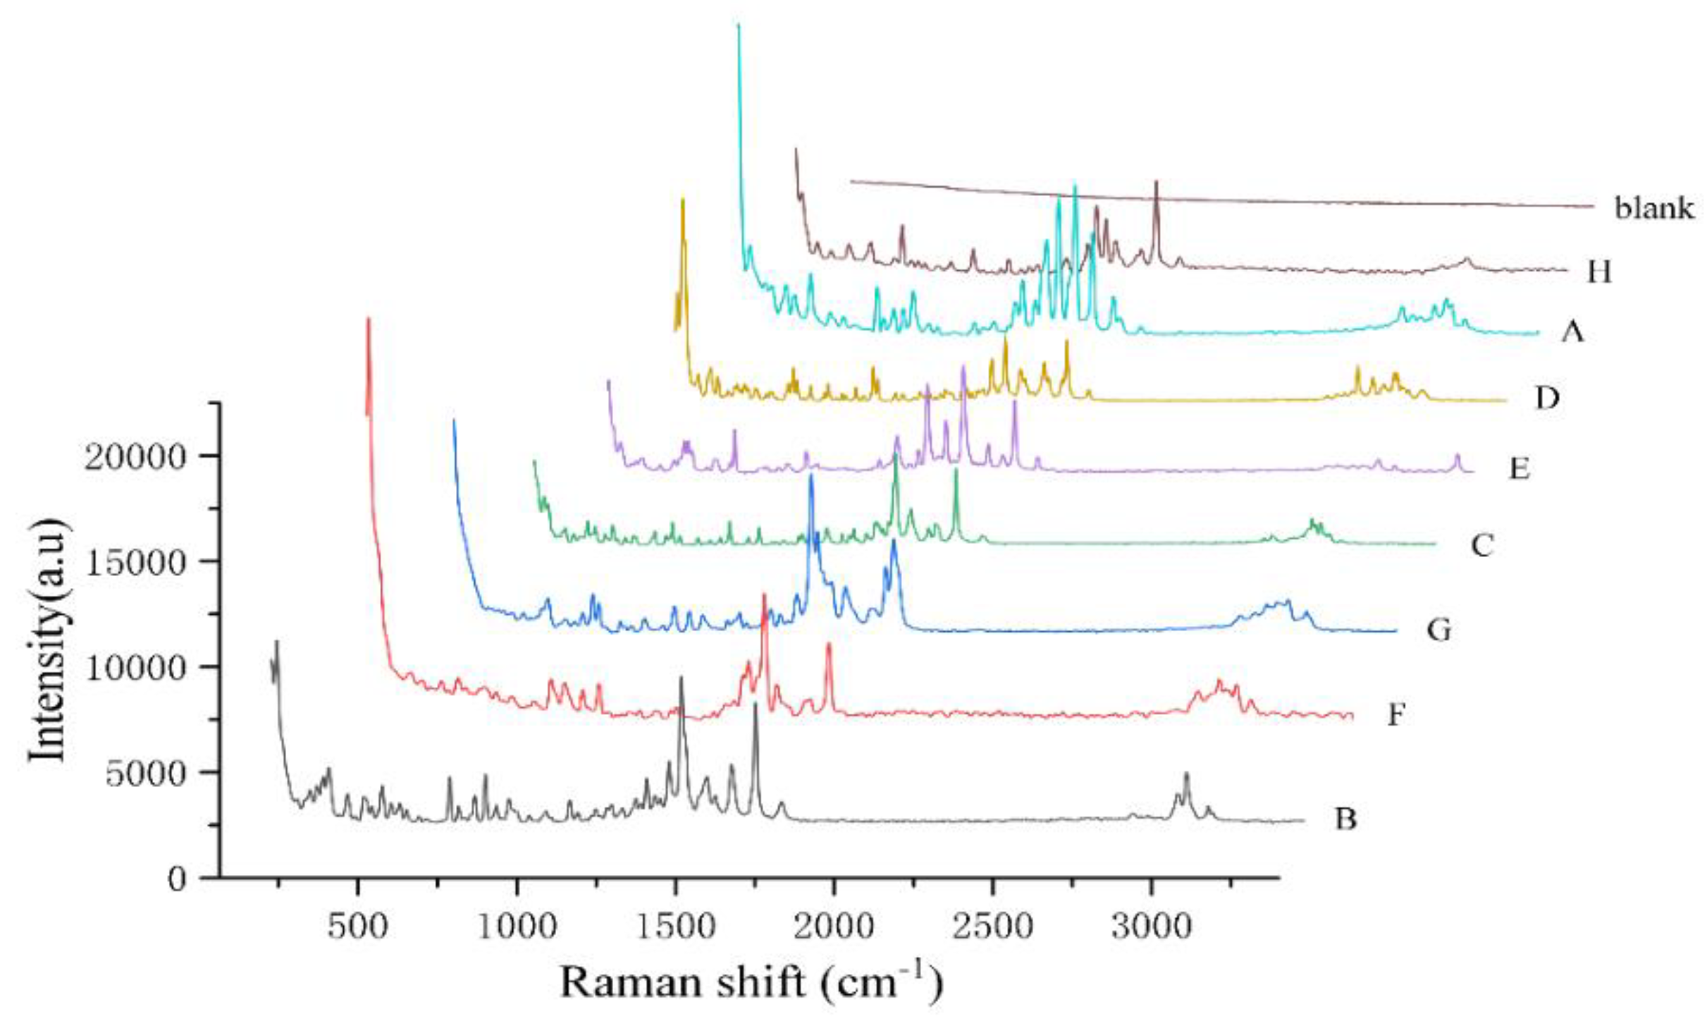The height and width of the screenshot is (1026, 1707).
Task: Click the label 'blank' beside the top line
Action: click(x=1654, y=209)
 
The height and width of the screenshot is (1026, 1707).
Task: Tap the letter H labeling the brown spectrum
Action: click(x=1599, y=271)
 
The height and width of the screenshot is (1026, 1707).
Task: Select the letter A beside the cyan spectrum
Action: click(x=1572, y=331)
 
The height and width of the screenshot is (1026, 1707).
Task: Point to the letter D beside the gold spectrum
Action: click(x=1547, y=399)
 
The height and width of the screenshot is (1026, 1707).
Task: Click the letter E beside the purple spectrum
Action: click(x=1519, y=468)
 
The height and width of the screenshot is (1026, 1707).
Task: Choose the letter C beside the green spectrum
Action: click(x=1482, y=544)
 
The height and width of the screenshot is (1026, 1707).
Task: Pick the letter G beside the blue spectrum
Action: click(x=1438, y=630)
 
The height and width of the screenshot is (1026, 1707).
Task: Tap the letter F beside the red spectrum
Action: click(x=1396, y=716)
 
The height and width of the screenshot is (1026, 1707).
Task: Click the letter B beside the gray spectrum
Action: click(x=1345, y=820)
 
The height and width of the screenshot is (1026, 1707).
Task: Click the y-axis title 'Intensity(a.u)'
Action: click(x=48, y=640)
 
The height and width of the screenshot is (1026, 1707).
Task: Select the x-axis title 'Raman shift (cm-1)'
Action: click(x=751, y=982)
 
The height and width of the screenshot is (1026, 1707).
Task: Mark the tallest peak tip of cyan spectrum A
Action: click(x=738, y=26)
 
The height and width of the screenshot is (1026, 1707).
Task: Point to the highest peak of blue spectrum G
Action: click(x=811, y=476)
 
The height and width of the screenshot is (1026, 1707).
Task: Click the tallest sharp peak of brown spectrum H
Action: click(x=1156, y=183)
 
